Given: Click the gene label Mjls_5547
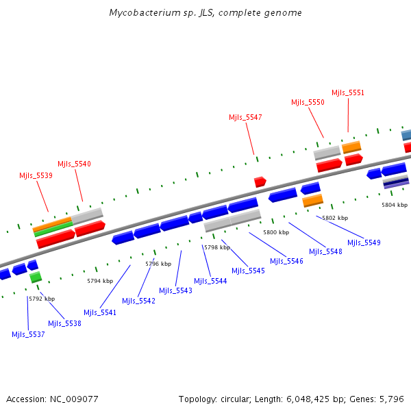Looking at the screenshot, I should (245, 117).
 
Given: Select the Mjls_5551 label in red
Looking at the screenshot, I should (348, 92).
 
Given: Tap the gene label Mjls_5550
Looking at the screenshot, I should (308, 102).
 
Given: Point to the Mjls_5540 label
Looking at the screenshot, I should (74, 164).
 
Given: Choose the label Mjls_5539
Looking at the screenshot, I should (36, 175).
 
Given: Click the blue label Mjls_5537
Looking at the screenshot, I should (28, 334).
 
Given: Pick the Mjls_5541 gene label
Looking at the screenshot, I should (100, 312).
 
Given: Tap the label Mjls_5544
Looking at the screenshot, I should (210, 281).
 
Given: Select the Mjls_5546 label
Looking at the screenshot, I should (286, 260).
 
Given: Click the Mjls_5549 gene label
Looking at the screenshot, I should (364, 242).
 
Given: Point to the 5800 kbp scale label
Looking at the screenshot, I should (276, 233).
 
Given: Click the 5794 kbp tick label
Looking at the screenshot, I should (100, 281).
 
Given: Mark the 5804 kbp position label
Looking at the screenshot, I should (395, 204).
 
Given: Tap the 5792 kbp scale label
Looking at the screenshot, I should (42, 299).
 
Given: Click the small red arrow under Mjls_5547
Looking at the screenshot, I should (260, 182).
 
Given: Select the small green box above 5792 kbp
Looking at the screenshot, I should (36, 277).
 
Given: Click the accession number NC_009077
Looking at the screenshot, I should (75, 399).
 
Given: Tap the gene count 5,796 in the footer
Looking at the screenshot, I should (393, 399).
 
